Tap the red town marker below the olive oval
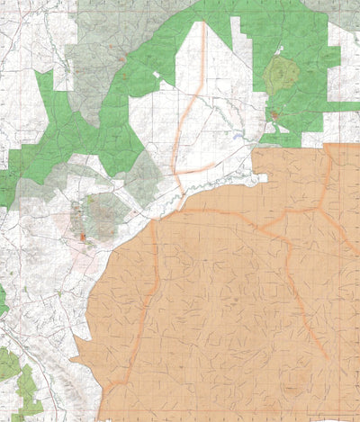click(274, 115)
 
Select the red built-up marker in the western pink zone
click(82, 238)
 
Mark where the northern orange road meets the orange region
click(181, 193)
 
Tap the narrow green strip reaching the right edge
click(346, 107)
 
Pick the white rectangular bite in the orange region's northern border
click(260, 179)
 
